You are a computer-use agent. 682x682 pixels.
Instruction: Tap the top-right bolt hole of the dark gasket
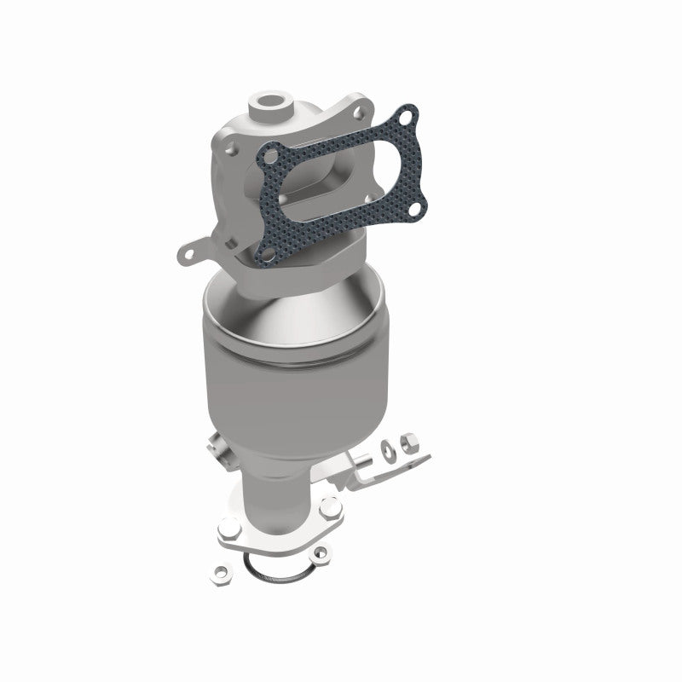409,114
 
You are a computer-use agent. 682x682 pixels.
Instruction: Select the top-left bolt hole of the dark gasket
270,157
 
